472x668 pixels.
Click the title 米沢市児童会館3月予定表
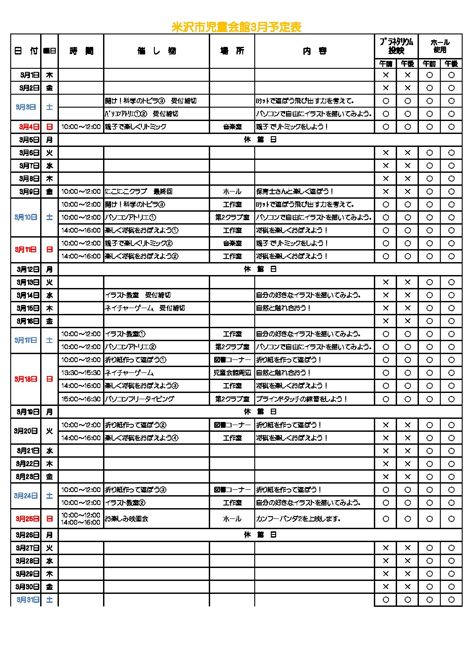[236, 27]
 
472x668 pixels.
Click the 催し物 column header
[157, 51]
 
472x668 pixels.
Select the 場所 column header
[232, 51]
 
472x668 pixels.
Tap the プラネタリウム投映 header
[396, 46]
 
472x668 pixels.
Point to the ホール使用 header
[440, 46]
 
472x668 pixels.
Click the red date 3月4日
[29, 127]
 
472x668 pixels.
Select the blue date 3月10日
[26, 217]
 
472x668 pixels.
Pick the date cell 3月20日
[26, 431]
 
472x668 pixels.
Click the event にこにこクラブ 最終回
[138, 192]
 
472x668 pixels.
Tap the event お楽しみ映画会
[127, 519]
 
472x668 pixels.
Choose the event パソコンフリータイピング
[139, 399]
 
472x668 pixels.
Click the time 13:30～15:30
[81, 373]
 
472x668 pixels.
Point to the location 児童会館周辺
[232, 373]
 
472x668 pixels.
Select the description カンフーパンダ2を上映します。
[298, 519]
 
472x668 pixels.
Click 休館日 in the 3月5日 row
[260, 140]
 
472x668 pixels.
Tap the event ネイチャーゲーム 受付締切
[145, 308]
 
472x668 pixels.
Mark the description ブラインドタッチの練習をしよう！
[301, 399]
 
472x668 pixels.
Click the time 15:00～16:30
[81, 399]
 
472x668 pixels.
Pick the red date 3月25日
[27, 519]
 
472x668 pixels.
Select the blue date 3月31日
[28, 600]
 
